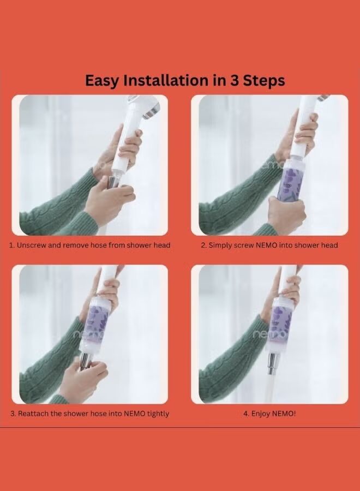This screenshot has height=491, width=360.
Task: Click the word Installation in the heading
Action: (x=166, y=81)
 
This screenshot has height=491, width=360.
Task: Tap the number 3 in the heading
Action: (x=235, y=81)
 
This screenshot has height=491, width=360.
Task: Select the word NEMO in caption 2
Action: (x=266, y=245)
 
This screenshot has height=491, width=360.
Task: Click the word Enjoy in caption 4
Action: (x=261, y=414)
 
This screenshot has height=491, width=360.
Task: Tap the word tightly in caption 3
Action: (x=158, y=414)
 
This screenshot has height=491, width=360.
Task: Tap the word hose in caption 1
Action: (x=98, y=245)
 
